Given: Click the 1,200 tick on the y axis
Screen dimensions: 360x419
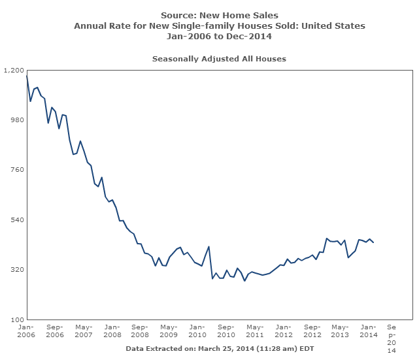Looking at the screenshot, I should [x=14, y=70].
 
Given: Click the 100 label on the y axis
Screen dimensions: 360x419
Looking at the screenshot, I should [x=16, y=319].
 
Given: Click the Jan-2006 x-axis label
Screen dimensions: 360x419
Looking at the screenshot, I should [x=26, y=330].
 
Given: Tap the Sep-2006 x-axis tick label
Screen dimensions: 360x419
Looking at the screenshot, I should [x=54, y=330].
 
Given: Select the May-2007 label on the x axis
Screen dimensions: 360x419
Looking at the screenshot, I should [x=83, y=330].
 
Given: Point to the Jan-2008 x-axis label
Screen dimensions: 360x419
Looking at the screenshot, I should [x=112, y=330].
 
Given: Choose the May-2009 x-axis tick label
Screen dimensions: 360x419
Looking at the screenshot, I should [x=169, y=330].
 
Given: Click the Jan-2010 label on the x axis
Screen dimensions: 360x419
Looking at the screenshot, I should [x=197, y=330].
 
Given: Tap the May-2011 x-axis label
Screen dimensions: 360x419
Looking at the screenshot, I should [x=254, y=330].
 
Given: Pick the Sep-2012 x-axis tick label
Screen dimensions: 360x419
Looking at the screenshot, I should [x=312, y=330].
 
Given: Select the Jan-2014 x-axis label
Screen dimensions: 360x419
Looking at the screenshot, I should [x=369, y=330].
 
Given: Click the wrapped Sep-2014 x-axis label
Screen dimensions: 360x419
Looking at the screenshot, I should [x=392, y=338].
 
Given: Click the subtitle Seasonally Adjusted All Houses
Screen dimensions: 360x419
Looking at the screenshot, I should [x=219, y=59].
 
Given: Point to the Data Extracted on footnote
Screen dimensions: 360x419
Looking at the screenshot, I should [x=220, y=348].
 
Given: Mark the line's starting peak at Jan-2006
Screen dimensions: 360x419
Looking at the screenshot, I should [x=27, y=76].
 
